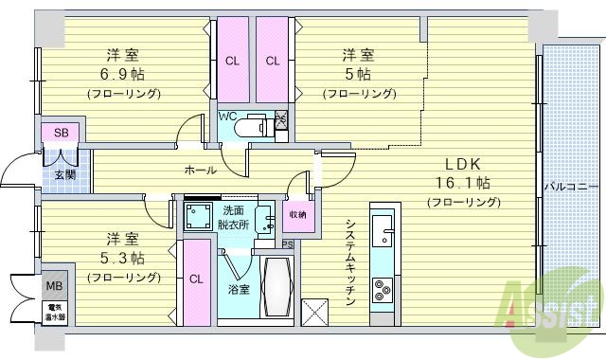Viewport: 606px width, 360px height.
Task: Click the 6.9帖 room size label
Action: [123, 74]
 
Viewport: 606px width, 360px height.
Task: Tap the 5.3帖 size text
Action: [124, 257]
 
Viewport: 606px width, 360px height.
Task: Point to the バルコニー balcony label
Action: [570, 185]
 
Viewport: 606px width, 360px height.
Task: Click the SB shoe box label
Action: [60, 133]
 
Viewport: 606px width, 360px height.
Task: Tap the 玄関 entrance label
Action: [64, 174]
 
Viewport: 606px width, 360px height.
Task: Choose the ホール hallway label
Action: [200, 171]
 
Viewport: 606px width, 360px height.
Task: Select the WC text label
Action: [227, 117]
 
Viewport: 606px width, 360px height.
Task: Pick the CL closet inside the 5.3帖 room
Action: [196, 279]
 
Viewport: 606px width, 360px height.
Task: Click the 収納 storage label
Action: [297, 215]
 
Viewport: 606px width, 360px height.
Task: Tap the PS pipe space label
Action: [288, 244]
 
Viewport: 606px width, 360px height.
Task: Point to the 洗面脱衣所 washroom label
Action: [233, 218]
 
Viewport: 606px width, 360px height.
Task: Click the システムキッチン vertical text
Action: [349, 261]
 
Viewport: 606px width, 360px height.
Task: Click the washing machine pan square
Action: [197, 216]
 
